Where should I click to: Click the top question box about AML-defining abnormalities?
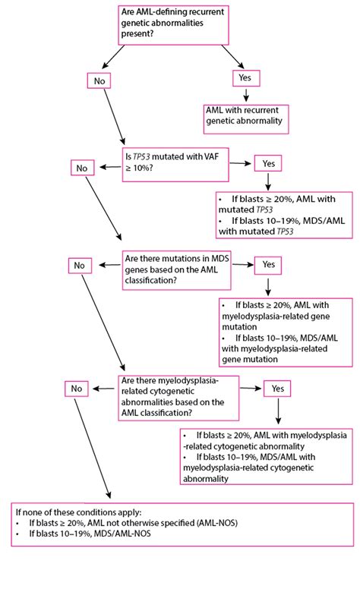pyautogui.click(x=173, y=25)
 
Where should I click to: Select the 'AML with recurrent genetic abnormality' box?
pyautogui.click(x=246, y=119)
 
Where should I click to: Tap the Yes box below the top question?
pyautogui.click(x=247, y=78)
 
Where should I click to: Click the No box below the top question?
pyautogui.click(x=99, y=80)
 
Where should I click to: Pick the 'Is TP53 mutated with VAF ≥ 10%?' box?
pyautogui.click(x=175, y=165)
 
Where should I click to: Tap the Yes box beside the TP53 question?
pyautogui.click(x=268, y=164)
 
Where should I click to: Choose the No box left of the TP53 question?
pyautogui.click(x=82, y=168)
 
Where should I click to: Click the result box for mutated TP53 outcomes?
pyautogui.click(x=285, y=215)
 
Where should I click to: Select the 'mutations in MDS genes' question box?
pyautogui.click(x=177, y=270)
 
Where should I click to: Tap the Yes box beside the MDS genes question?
pyautogui.click(x=268, y=265)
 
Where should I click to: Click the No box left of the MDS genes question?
pyautogui.click(x=80, y=266)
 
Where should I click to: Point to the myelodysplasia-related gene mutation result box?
pyautogui.click(x=286, y=332)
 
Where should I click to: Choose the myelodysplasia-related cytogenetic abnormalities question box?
pyautogui.click(x=178, y=398)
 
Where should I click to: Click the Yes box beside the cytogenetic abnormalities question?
pyautogui.click(x=277, y=389)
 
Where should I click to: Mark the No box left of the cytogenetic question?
pyautogui.click(x=77, y=389)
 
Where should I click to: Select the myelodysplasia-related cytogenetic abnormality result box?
pyautogui.click(x=267, y=456)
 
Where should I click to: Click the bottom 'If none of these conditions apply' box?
pyautogui.click(x=182, y=524)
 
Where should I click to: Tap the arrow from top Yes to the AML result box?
pyautogui.click(x=246, y=95)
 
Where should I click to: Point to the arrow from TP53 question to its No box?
pyautogui.click(x=109, y=167)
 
